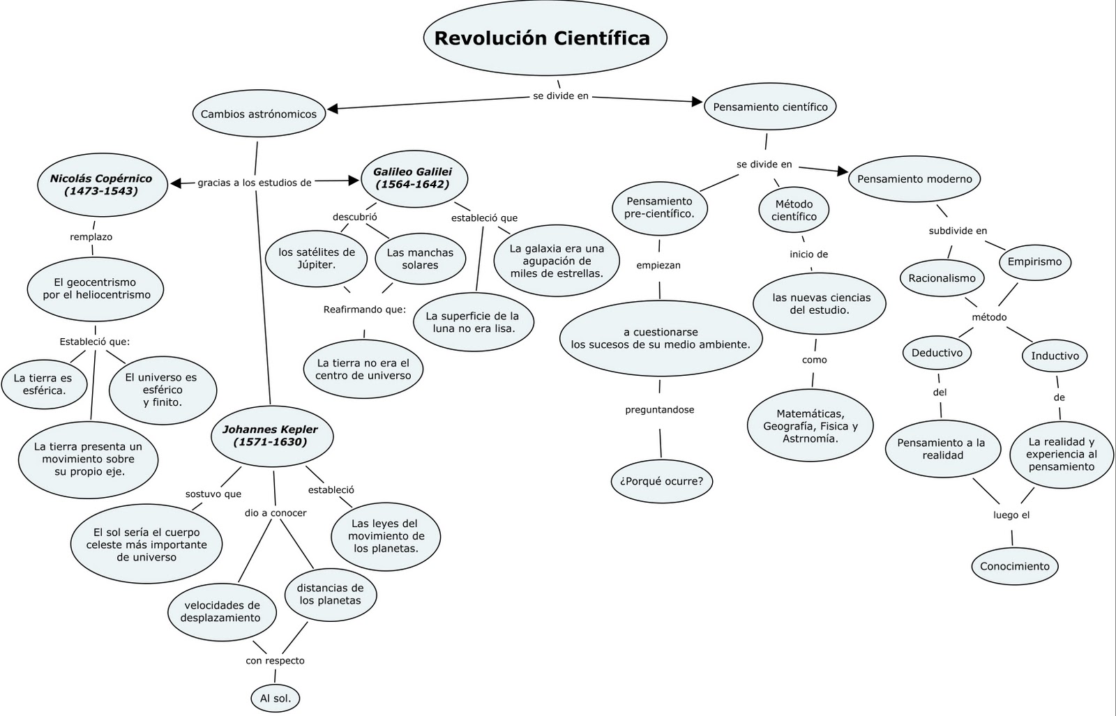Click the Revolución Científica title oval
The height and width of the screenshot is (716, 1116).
pyautogui.click(x=545, y=38)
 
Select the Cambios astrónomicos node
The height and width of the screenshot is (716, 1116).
pyautogui.click(x=259, y=114)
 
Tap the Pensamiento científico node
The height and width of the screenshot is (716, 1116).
pyautogui.click(x=770, y=107)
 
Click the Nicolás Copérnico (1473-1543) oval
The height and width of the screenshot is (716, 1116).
pyautogui.click(x=101, y=184)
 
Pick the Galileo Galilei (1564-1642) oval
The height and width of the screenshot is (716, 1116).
pyautogui.click(x=412, y=178)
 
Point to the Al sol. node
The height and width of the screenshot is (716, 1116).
pyautogui.click(x=276, y=698)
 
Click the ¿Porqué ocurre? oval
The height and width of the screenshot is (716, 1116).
pyautogui.click(x=661, y=481)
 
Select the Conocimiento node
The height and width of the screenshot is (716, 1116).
pyautogui.click(x=1014, y=566)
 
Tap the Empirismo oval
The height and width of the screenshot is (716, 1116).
pyautogui.click(x=1034, y=262)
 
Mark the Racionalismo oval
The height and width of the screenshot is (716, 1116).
pyautogui.click(x=942, y=278)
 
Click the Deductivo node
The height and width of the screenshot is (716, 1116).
pyautogui.click(x=937, y=353)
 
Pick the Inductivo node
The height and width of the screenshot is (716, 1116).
pyautogui.click(x=1055, y=356)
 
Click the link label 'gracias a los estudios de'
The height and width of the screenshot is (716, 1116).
pyautogui.click(x=254, y=183)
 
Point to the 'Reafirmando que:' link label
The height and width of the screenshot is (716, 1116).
pyautogui.click(x=364, y=310)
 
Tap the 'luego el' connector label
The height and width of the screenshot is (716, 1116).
pyautogui.click(x=1011, y=515)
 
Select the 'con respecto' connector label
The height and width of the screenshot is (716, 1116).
pyautogui.click(x=275, y=660)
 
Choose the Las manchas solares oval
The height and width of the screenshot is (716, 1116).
pyautogui.click(x=420, y=259)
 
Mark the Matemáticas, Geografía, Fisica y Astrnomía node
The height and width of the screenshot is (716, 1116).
pyautogui.click(x=810, y=426)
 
